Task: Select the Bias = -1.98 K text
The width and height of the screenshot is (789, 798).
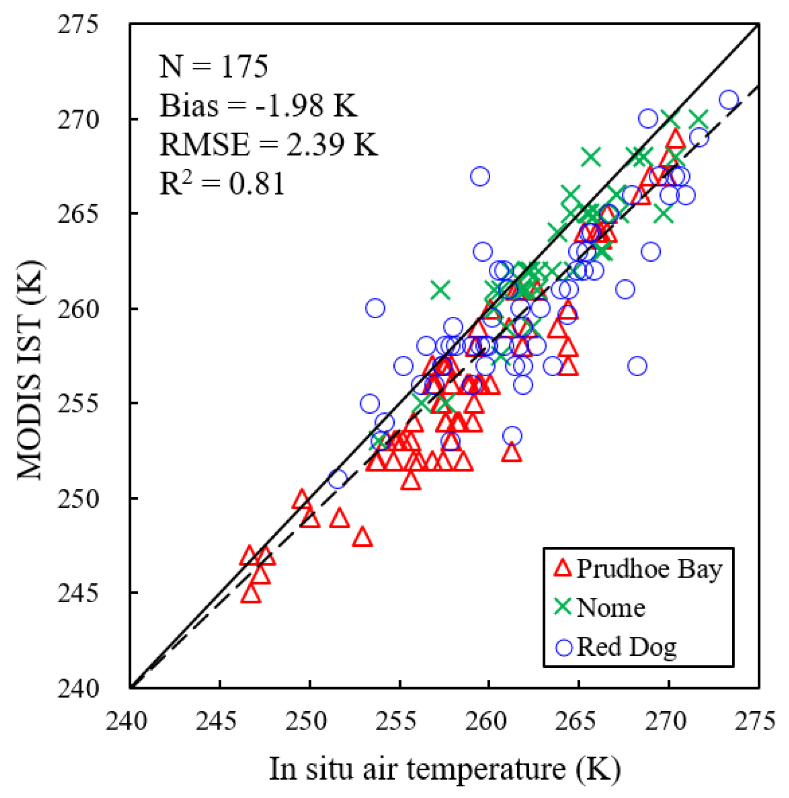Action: point(258,105)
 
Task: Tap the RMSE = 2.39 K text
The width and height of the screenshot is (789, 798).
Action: point(268,144)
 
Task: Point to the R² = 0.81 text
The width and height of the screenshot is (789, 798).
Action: point(222,183)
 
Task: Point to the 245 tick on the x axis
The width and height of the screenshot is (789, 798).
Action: point(220,721)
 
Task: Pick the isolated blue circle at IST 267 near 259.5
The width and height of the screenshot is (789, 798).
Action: point(480,176)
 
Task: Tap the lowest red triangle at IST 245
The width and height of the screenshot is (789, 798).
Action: point(251,595)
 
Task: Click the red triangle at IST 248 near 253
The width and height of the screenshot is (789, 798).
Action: point(362,538)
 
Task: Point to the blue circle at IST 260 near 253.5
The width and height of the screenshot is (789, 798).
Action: point(375,308)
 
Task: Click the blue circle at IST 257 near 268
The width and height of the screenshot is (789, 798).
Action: point(637,366)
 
